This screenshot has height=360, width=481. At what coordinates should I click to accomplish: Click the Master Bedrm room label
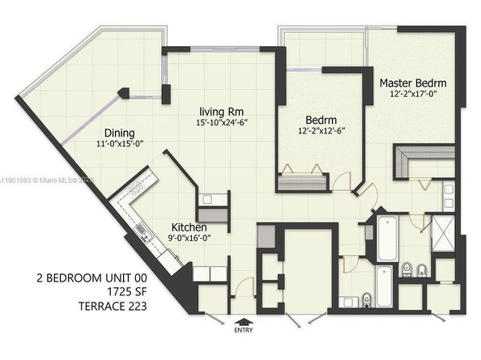pyautogui.click(x=414, y=83)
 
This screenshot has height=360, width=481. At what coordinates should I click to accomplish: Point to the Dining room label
pyautogui.click(x=118, y=133)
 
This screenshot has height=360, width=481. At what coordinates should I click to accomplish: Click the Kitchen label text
pyautogui.click(x=193, y=227)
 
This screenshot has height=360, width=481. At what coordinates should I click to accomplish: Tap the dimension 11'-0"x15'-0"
pyautogui.click(x=118, y=145)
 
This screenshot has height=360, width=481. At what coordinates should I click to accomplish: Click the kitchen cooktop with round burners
pyautogui.click(x=133, y=191)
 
